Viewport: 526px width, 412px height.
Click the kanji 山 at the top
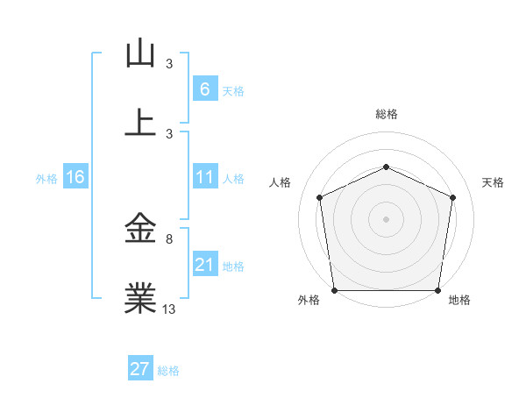[140, 54]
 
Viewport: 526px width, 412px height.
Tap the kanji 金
[140, 230]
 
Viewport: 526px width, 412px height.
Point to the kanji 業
[140, 299]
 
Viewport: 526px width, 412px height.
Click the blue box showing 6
[204, 89]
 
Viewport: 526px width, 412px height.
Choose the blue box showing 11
[204, 177]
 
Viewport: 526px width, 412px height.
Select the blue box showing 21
[204, 265]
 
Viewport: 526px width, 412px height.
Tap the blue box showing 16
[75, 177]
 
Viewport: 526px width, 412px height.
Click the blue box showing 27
[140, 369]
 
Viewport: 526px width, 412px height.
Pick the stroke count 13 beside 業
[169, 309]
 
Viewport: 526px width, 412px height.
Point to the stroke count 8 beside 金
[169, 238]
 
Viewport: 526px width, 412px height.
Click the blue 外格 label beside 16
[46, 178]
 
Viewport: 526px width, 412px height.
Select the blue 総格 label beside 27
[168, 371]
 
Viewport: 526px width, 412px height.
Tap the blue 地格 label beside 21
[233, 266]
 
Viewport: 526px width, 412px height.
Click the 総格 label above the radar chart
[386, 114]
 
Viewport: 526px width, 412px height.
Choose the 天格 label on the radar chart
[494, 182]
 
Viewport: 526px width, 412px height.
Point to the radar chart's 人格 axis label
[280, 182]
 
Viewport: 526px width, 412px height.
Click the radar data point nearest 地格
[437, 290]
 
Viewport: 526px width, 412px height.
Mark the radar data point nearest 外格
[334, 290]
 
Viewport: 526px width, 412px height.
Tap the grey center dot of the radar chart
[386, 218]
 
